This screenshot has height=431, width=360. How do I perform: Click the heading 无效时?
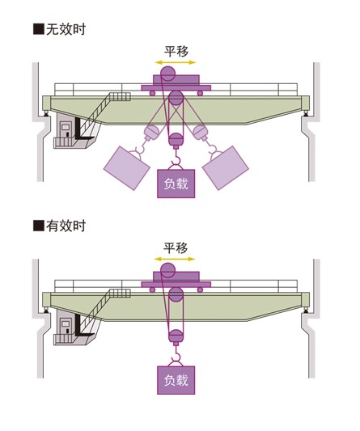66,29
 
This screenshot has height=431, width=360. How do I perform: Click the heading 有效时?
66,226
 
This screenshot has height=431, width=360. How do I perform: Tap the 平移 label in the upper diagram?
176,52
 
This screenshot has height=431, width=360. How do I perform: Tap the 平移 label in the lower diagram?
176,248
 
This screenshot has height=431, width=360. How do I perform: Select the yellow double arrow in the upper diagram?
176,62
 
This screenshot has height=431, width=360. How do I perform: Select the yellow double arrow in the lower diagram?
175,259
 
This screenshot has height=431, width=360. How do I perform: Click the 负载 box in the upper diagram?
176,184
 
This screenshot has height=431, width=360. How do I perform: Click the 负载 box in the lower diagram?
176,380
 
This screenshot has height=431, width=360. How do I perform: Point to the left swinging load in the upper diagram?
127,168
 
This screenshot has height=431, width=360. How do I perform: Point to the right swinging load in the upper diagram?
226,168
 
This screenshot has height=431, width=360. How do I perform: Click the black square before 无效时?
39,29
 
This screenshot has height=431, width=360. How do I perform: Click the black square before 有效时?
39,226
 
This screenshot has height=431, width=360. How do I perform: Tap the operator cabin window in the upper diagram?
66,127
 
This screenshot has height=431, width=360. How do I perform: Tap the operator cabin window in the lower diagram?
66,323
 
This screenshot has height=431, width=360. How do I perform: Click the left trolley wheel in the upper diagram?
152,93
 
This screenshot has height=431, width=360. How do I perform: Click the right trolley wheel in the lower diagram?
200,289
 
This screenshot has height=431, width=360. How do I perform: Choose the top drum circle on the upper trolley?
168,74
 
